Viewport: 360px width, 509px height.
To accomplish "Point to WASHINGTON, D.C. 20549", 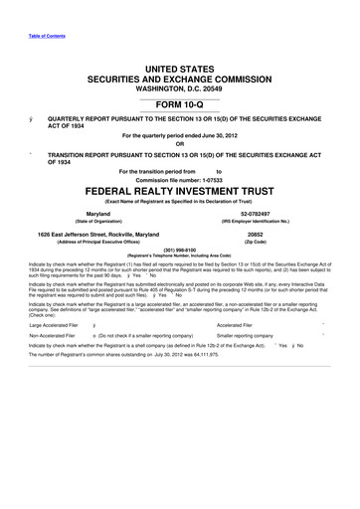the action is (x=179, y=86).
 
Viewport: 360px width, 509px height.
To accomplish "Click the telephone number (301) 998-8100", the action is (x=179, y=250).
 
